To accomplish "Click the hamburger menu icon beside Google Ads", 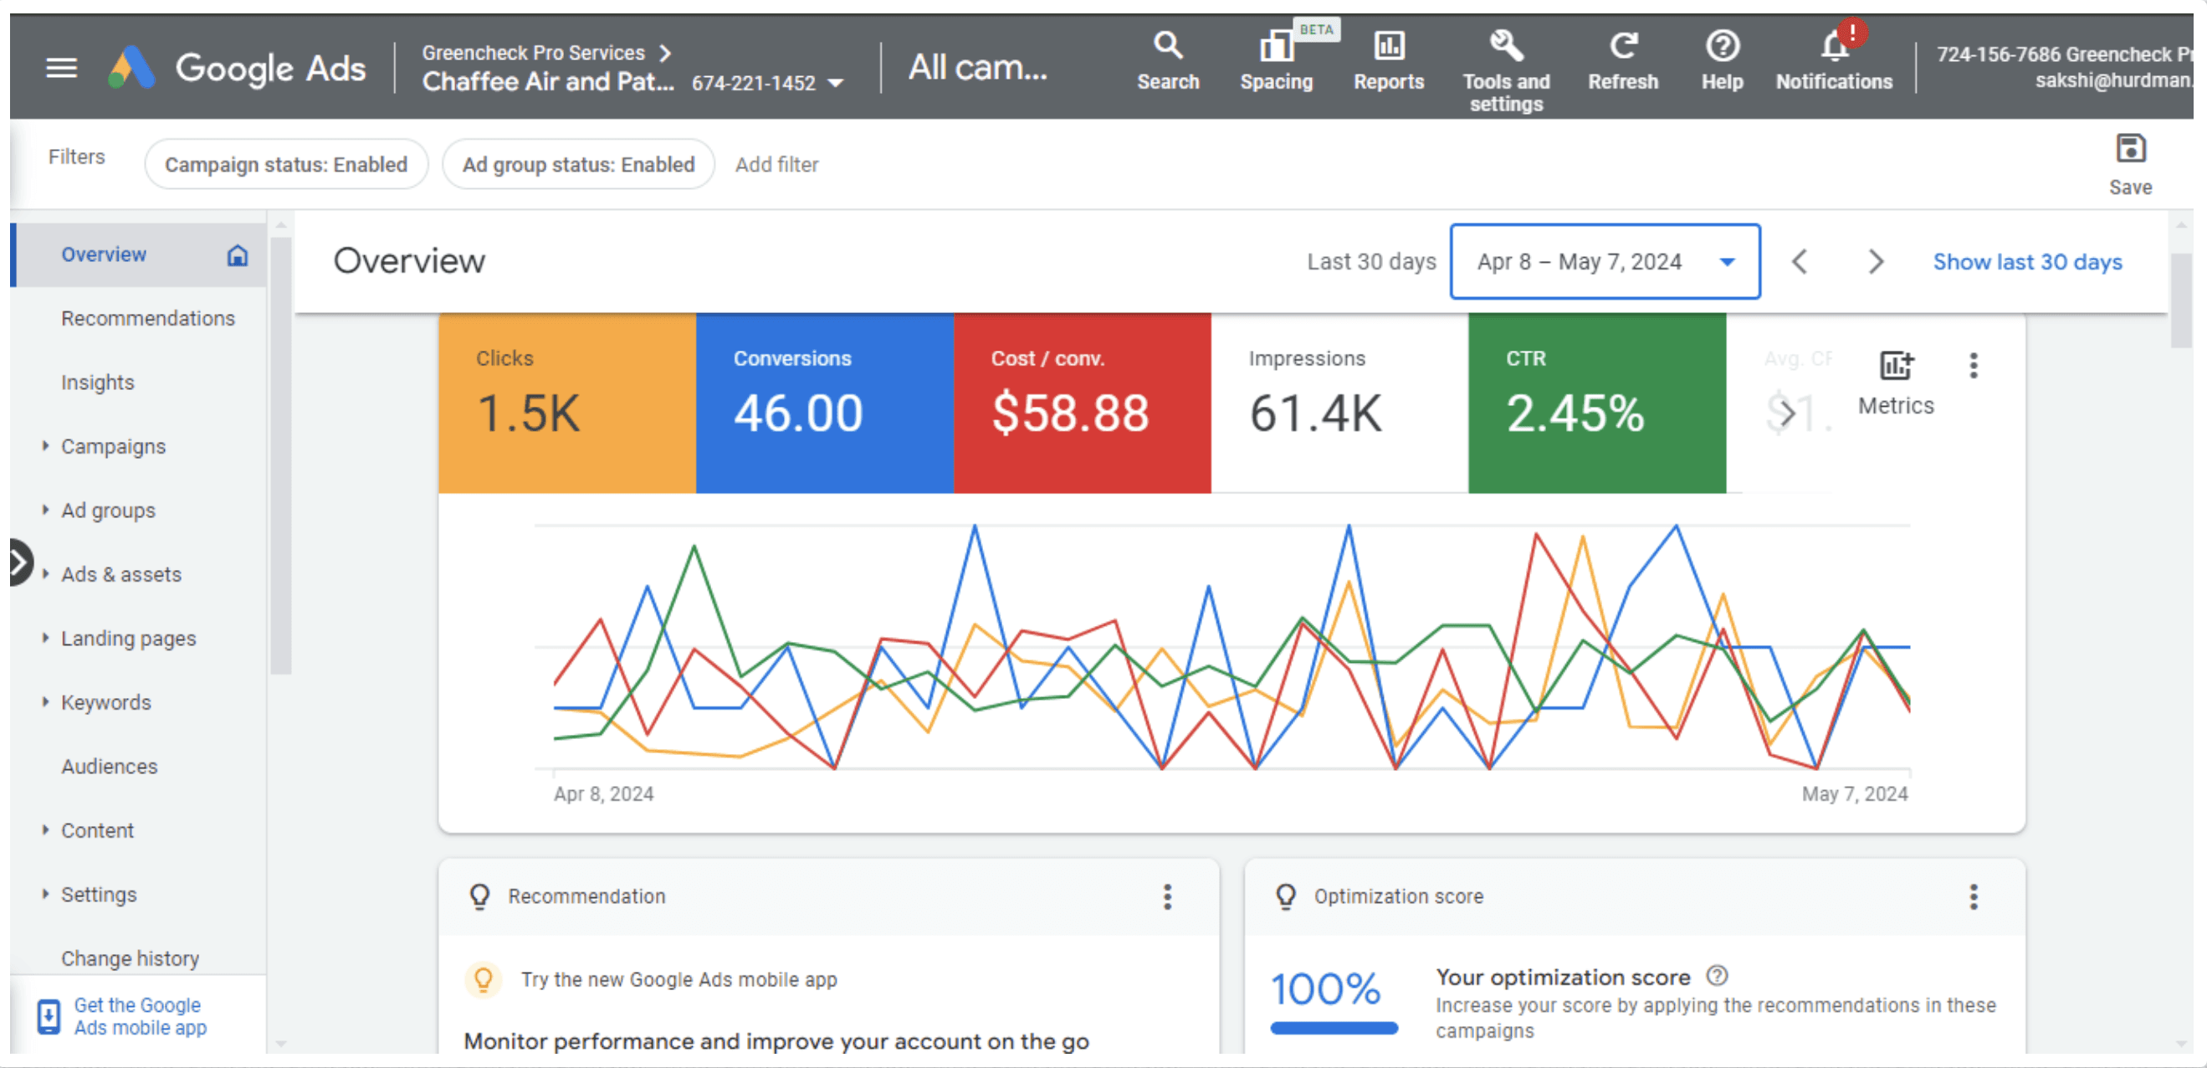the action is (x=61, y=67).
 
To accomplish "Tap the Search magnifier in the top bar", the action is (x=1168, y=45).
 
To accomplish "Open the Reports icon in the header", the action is (x=1389, y=45).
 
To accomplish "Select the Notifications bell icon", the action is (x=1835, y=45).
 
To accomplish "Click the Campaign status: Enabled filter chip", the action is (x=286, y=165).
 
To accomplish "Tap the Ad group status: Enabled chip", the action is (x=578, y=165).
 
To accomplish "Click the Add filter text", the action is (x=776, y=165).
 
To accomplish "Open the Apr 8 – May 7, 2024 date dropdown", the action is (x=1605, y=261).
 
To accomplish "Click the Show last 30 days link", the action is (x=2027, y=261).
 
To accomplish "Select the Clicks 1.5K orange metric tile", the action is (x=567, y=403).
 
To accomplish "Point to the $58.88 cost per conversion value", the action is (x=1070, y=413).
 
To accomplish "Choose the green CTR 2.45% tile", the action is (x=1597, y=403).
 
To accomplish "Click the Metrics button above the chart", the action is (x=1896, y=383).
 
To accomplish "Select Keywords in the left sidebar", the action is (x=105, y=703).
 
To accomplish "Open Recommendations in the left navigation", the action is (x=147, y=319).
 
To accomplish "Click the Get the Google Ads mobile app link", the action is (x=141, y=1016).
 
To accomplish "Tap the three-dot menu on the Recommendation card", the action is (x=1167, y=896).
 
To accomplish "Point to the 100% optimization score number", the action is (x=1325, y=989).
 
